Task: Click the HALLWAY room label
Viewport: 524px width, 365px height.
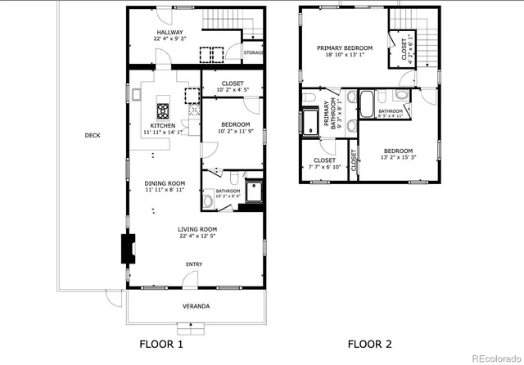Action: coord(170,33)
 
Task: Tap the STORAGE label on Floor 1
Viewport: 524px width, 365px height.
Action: coord(254,53)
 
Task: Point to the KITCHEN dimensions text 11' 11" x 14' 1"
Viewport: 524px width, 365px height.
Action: coord(164,132)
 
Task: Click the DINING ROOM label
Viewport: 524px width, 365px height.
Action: coord(165,183)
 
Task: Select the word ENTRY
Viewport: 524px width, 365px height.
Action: coord(194,264)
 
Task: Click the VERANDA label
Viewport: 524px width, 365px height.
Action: coord(195,306)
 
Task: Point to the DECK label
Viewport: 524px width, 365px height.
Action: coord(92,136)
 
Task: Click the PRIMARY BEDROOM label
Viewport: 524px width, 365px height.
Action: coord(345,48)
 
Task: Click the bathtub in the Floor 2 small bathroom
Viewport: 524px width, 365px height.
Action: coord(367,105)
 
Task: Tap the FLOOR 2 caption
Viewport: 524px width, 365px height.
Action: coord(369,344)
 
